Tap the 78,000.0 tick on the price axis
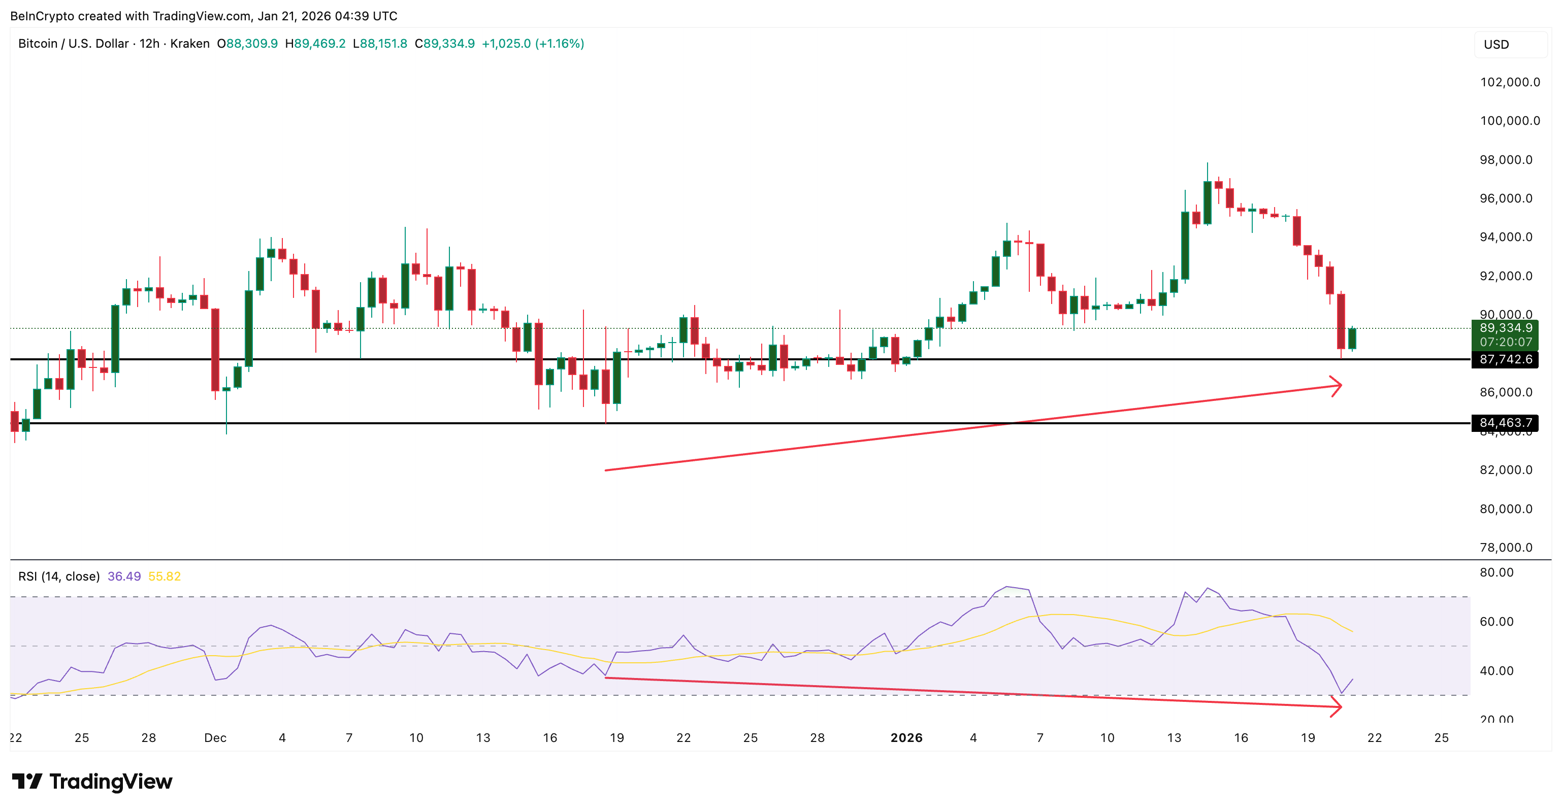[x=1506, y=547]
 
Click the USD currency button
[x=1496, y=44]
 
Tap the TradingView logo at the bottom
[x=92, y=781]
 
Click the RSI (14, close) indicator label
[x=59, y=577]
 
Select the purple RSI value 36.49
[x=124, y=577]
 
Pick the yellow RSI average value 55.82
[x=165, y=577]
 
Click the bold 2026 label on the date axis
[x=906, y=737]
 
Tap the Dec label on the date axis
[x=215, y=737]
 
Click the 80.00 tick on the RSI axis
[x=1496, y=572]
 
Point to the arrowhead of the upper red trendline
[x=1337, y=386]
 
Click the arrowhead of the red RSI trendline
[x=1337, y=706]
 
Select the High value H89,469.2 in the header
[x=315, y=44]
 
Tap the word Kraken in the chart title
[x=190, y=44]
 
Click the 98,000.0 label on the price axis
[x=1506, y=159]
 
